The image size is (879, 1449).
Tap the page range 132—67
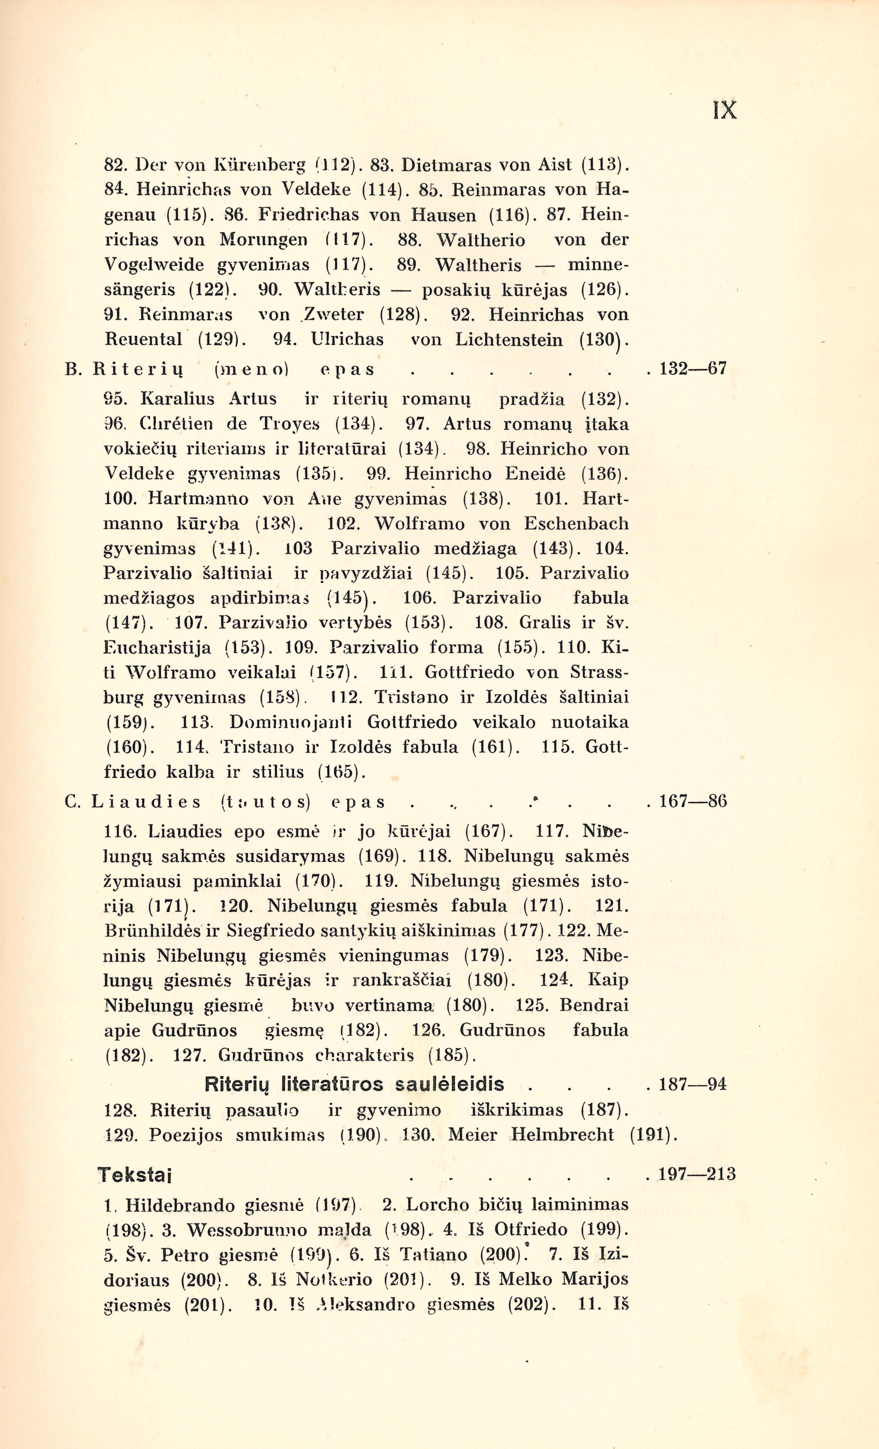694,369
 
